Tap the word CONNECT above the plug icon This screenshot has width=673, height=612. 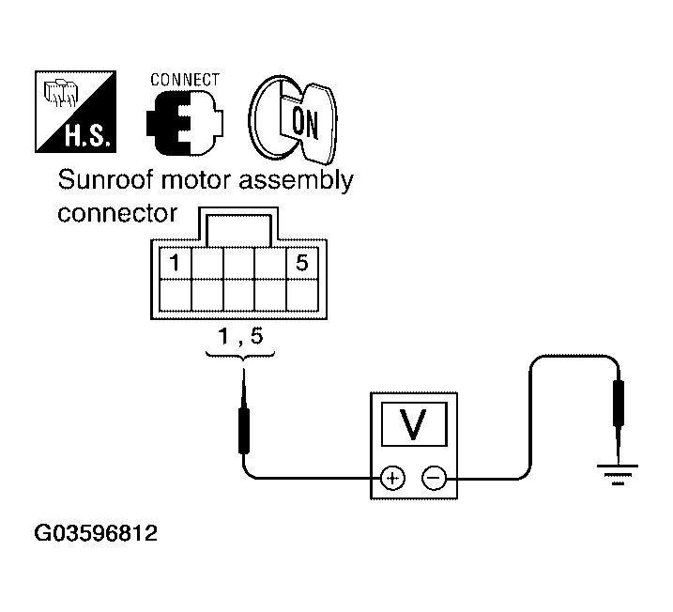pyautogui.click(x=185, y=80)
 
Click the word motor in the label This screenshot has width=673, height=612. pyautogui.click(x=193, y=180)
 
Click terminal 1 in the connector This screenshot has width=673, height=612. pyautogui.click(x=175, y=263)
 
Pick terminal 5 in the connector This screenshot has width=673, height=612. pyautogui.click(x=301, y=263)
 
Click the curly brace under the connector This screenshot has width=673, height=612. pyautogui.click(x=239, y=357)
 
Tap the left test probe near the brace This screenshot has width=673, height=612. pyautogui.click(x=244, y=422)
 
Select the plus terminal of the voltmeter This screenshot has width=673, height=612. pyautogui.click(x=391, y=479)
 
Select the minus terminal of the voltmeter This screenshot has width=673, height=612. pyautogui.click(x=433, y=479)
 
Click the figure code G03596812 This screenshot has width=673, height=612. pyautogui.click(x=96, y=535)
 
